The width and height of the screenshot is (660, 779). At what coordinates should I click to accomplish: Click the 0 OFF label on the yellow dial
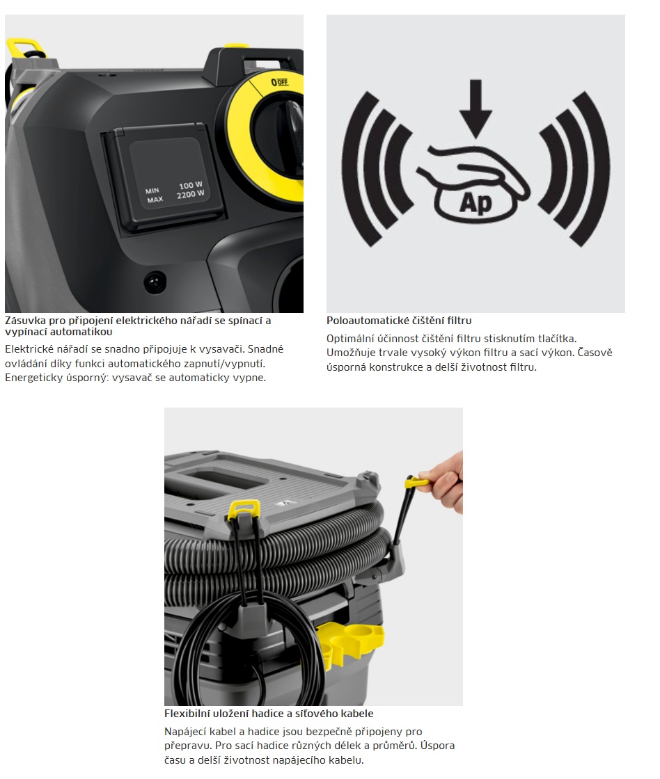[279, 82]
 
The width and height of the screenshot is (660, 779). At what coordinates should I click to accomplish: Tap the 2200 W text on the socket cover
[191, 194]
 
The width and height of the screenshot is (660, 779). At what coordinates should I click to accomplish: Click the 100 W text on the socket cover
[191, 185]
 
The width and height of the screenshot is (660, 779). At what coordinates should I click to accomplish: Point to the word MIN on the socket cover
[152, 191]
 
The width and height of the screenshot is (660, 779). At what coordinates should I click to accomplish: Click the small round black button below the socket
[155, 282]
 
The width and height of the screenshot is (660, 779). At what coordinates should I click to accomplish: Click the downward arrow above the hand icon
[476, 109]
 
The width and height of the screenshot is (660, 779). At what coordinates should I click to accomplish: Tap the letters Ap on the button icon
[476, 202]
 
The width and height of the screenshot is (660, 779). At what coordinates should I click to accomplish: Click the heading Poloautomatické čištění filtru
[399, 321]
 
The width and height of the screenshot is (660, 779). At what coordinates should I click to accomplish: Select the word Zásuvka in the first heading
[25, 321]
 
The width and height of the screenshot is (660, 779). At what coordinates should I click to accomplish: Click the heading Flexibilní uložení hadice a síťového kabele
[269, 714]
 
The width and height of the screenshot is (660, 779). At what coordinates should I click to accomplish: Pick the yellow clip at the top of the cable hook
[243, 509]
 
